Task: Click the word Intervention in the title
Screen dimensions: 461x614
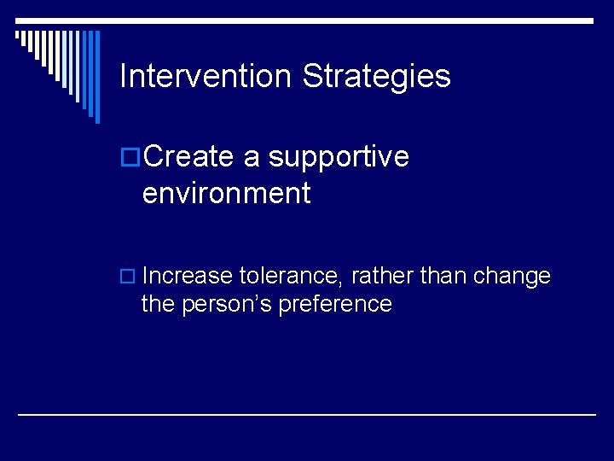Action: (x=206, y=77)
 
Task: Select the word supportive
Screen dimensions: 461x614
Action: (x=339, y=157)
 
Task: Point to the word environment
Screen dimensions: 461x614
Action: (x=226, y=194)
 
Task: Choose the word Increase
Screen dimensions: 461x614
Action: (x=188, y=276)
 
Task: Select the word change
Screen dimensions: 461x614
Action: (x=512, y=276)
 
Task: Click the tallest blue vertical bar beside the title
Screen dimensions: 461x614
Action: (x=96, y=77)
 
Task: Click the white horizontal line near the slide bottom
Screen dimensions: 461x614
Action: (x=307, y=414)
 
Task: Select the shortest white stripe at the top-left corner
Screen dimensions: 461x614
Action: (x=17, y=36)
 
